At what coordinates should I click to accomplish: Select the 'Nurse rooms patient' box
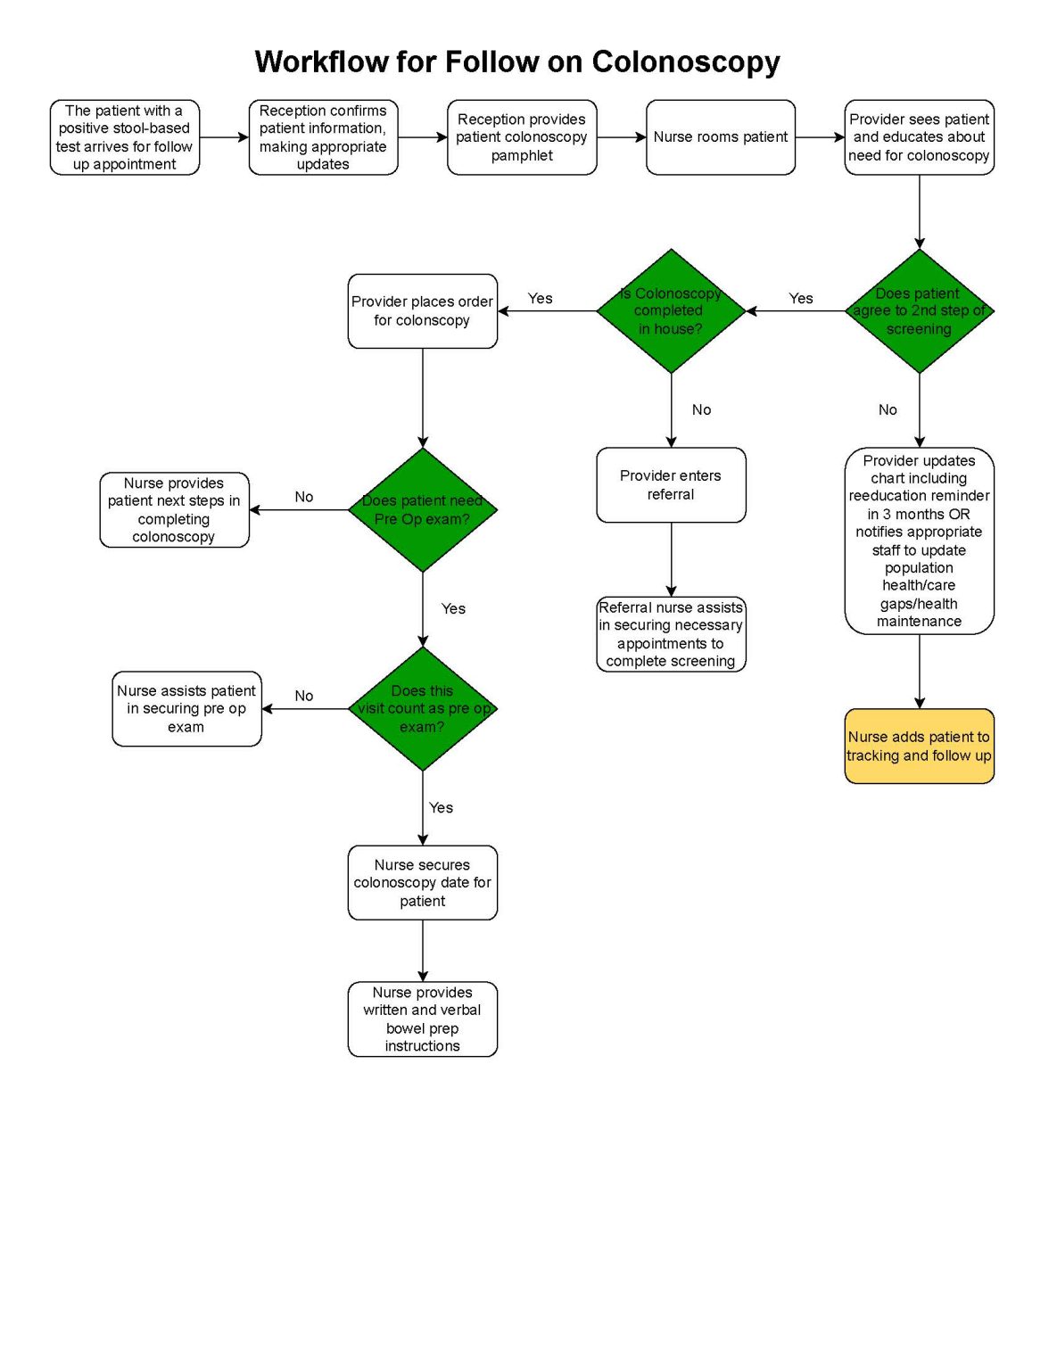(720, 137)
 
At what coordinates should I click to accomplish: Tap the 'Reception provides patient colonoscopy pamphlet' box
(522, 137)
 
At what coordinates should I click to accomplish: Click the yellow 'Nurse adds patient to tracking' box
(919, 747)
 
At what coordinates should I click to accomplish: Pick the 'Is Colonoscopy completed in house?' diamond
(671, 311)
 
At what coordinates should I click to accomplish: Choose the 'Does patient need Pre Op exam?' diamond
(423, 510)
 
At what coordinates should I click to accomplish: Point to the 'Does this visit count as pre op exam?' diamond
(423, 709)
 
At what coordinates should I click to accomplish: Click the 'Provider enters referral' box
(671, 485)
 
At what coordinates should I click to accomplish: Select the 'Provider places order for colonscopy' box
(422, 311)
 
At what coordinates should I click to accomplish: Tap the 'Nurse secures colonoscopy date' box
(422, 883)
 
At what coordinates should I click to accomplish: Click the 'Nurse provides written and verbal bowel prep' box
(422, 1019)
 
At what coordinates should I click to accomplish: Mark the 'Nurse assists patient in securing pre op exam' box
(186, 709)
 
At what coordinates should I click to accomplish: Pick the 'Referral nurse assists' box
(671, 634)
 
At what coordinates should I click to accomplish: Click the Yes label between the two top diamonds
(801, 299)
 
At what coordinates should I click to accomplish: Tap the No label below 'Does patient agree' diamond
(888, 410)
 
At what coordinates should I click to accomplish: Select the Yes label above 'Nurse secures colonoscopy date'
(441, 808)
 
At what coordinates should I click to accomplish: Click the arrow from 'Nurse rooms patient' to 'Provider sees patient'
(819, 137)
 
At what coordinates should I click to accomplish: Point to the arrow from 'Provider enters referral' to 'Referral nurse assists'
(671, 560)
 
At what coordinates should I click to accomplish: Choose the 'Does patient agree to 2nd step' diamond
(919, 311)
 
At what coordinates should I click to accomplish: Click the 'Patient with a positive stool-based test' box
(125, 137)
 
